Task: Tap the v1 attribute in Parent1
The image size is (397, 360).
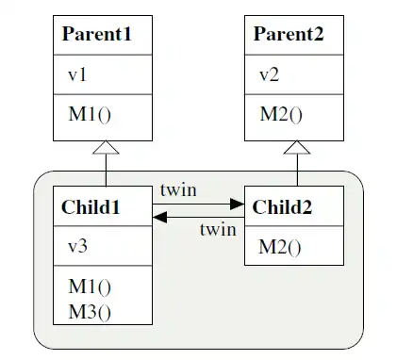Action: tap(76, 75)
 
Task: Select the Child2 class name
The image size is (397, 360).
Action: tap(284, 206)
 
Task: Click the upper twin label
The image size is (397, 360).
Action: tap(178, 189)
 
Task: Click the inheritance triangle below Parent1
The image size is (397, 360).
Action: tap(106, 147)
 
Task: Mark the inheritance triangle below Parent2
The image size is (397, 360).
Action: tap(298, 147)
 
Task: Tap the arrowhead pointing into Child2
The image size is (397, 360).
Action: tap(238, 202)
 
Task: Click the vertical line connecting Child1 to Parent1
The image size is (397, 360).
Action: tap(106, 170)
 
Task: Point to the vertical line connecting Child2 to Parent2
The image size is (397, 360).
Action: tap(298, 170)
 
